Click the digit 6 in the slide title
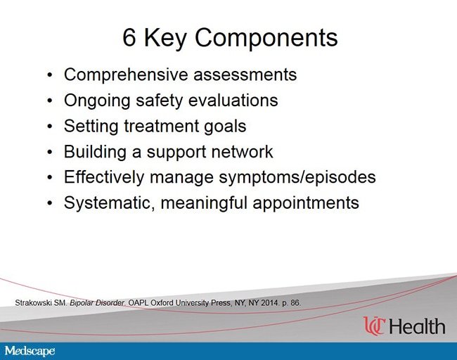[x=129, y=37]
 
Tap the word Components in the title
[x=266, y=37]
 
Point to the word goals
[x=225, y=127]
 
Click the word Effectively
[x=104, y=177]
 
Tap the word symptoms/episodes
[x=297, y=177]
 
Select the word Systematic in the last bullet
[x=109, y=203]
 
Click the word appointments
[x=306, y=203]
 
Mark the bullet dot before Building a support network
[x=50, y=152]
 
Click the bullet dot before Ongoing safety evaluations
[x=50, y=101]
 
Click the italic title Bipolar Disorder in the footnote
[x=98, y=303]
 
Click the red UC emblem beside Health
[x=375, y=326]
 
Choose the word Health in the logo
[x=417, y=326]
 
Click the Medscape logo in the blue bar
[x=30, y=351]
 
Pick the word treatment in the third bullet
[x=161, y=127]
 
